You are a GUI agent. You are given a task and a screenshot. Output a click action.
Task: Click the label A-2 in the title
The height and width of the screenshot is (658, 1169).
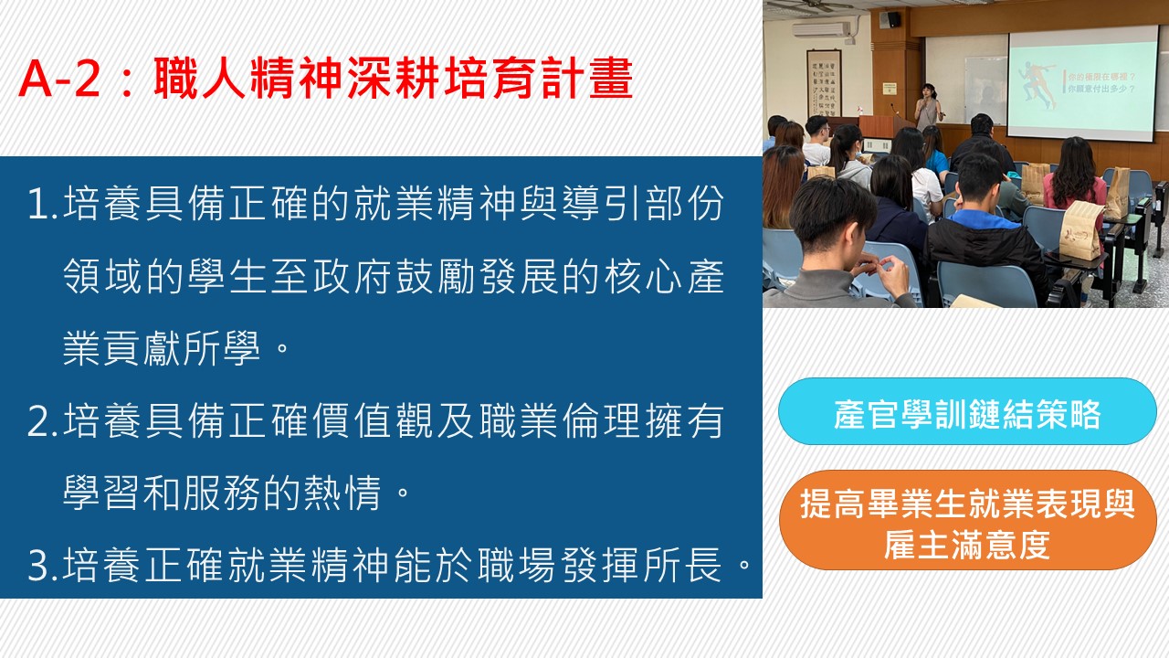[59, 79]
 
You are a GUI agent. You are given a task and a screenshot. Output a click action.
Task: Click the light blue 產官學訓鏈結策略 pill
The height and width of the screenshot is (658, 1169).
[967, 411]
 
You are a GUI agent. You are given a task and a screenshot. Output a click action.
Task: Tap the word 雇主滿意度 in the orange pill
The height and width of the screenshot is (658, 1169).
[967, 545]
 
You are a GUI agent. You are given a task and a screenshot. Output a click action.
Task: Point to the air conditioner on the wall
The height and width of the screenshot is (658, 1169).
[823, 29]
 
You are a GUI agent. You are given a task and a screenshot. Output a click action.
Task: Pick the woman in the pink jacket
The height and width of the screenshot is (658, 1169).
[1074, 177]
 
